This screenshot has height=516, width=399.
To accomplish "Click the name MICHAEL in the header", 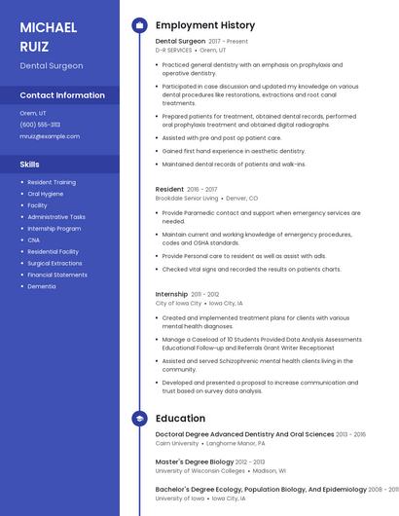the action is [49, 26].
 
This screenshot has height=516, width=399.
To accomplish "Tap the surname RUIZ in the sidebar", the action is [34, 46].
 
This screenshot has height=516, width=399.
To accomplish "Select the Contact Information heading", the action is [62, 95].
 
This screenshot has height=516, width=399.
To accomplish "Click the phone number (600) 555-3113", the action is [40, 125].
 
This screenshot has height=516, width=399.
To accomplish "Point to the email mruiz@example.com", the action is [50, 136].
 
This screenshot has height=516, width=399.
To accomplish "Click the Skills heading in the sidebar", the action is [29, 165].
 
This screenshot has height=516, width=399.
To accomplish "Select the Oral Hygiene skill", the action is [46, 194].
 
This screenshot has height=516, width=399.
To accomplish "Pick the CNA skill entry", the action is [34, 240].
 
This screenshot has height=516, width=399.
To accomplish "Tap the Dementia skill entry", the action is [42, 286].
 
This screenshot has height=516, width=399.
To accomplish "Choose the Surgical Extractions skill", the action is [54, 263].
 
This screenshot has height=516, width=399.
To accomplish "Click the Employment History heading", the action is [205, 25].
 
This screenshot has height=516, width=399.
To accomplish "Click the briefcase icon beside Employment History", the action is [139, 25].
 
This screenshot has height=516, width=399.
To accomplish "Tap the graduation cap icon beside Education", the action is [139, 419].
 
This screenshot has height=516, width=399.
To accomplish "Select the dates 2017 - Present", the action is [229, 42].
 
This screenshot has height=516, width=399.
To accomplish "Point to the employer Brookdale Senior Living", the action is [187, 198].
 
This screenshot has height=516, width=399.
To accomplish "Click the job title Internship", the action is [172, 294].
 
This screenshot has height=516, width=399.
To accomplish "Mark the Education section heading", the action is [180, 419].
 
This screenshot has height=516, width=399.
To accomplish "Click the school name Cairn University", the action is [177, 443].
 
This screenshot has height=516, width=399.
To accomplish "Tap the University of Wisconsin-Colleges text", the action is [200, 470].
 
